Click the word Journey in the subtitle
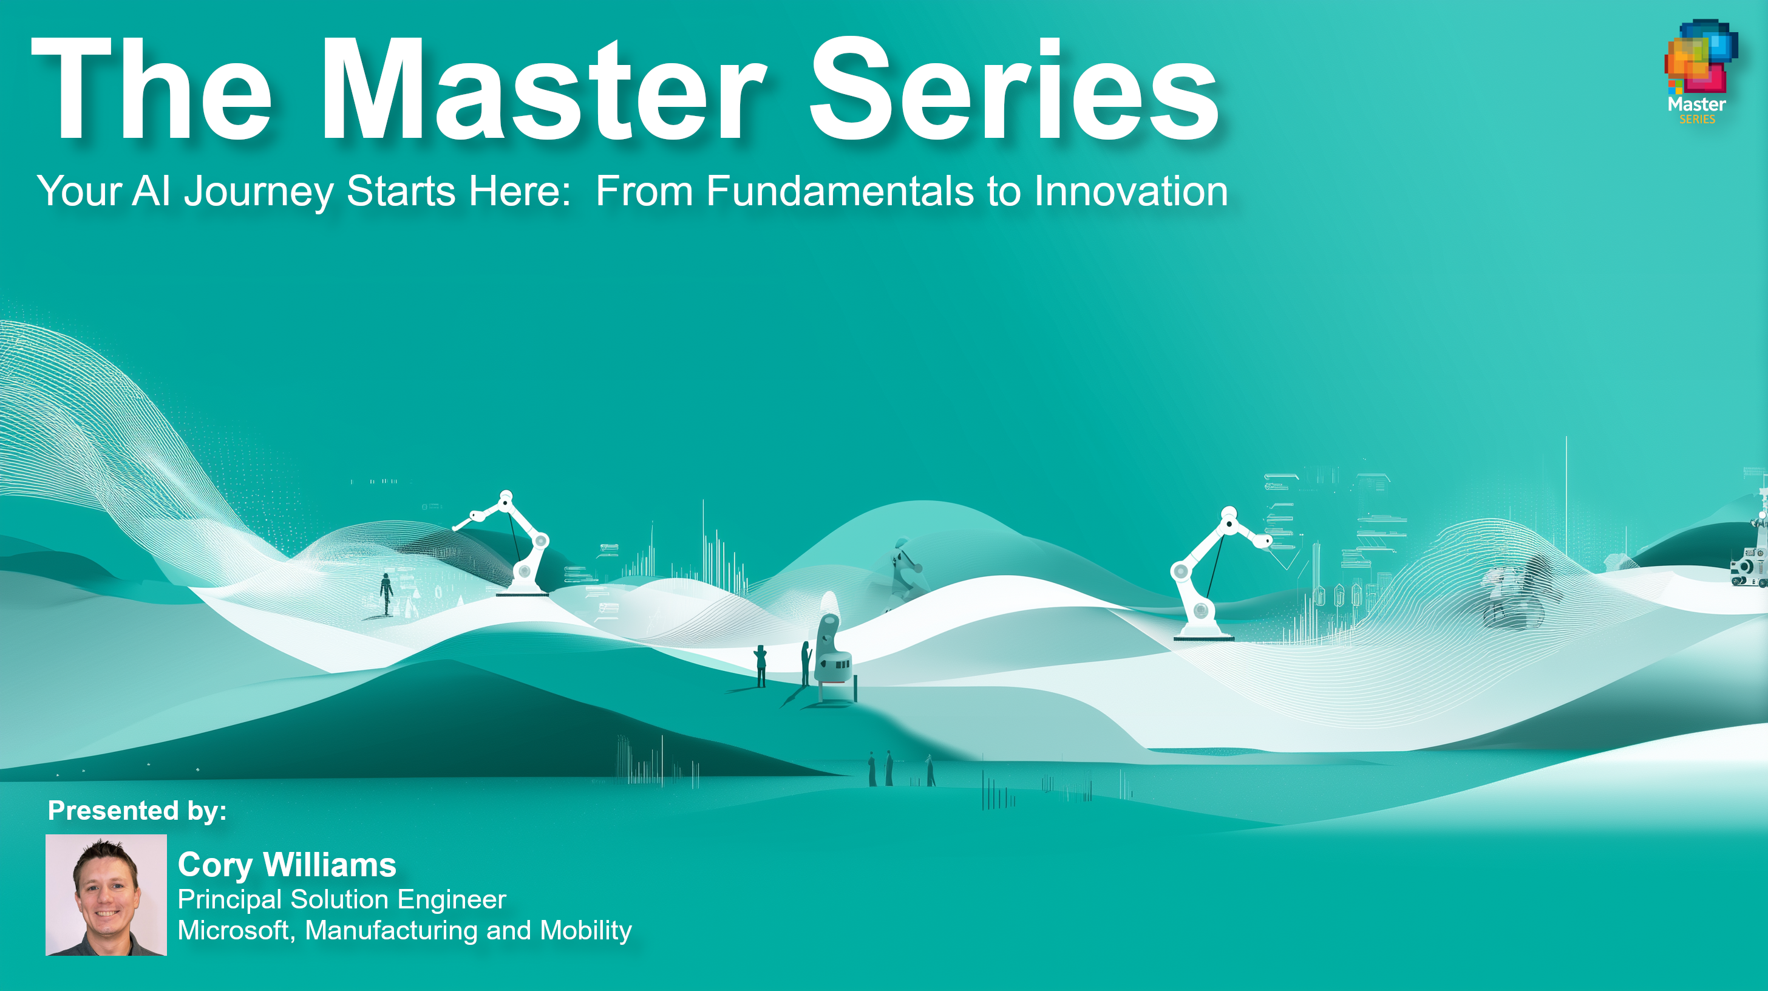coord(259,192)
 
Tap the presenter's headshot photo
coord(106,895)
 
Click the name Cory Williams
coord(287,865)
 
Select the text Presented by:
coord(137,811)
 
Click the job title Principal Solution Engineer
coord(342,900)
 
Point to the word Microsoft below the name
coord(236,931)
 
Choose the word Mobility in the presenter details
coord(585,931)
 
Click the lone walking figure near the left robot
coord(386,594)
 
